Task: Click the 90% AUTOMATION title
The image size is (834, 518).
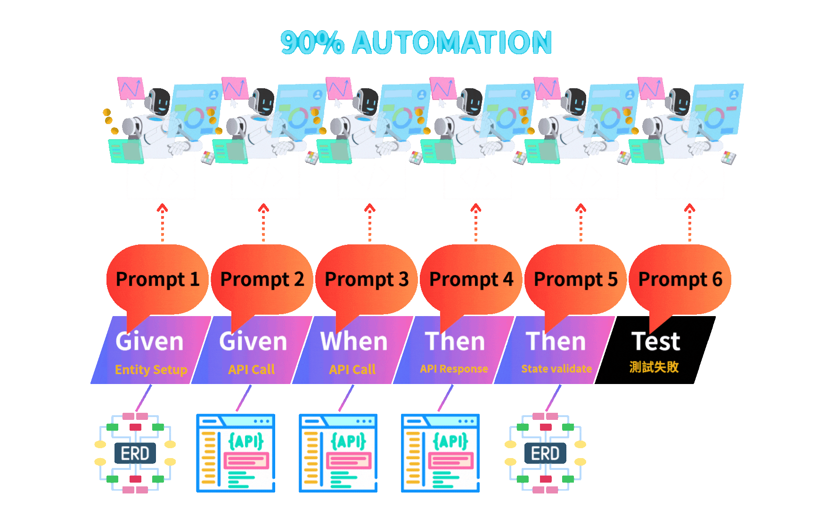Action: pyautogui.click(x=416, y=42)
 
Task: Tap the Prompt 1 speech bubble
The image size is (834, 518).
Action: pyautogui.click(x=157, y=279)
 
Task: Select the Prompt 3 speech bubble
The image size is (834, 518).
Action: pyautogui.click(x=367, y=279)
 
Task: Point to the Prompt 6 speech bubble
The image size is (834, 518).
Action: pyautogui.click(x=680, y=279)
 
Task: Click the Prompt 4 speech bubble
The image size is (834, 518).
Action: pyautogui.click(x=471, y=279)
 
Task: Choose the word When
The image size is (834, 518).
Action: pyautogui.click(x=354, y=342)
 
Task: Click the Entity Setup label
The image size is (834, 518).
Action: pyautogui.click(x=151, y=369)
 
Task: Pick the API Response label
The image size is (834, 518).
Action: pyautogui.click(x=454, y=369)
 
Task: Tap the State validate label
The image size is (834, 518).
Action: pyautogui.click(x=556, y=369)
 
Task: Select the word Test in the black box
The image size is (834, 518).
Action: pyautogui.click(x=655, y=342)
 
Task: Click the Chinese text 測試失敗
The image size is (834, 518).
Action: pyautogui.click(x=654, y=367)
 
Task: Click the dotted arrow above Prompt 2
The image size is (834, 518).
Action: pyautogui.click(x=263, y=223)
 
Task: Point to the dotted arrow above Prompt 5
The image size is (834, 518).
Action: pyautogui.click(x=581, y=223)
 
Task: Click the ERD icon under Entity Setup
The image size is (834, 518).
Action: pyautogui.click(x=135, y=453)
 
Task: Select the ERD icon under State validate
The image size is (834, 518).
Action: pyautogui.click(x=545, y=453)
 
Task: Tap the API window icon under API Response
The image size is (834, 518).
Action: pyautogui.click(x=440, y=453)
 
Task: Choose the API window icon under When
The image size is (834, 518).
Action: pyautogui.click(x=338, y=453)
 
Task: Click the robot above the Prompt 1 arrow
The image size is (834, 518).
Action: pyautogui.click(x=155, y=123)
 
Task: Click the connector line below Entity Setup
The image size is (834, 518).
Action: pyautogui.click(x=144, y=398)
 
